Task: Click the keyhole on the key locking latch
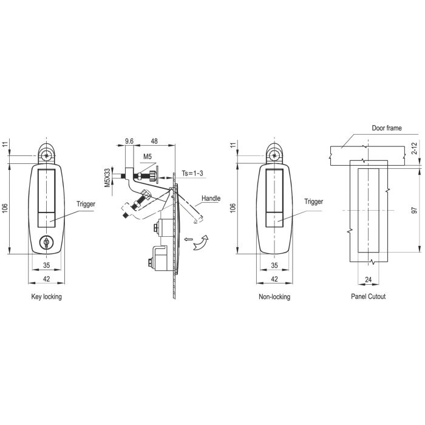coord(46,243)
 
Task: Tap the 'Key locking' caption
coord(46,297)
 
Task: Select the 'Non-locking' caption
coord(274,297)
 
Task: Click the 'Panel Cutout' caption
coord(368,296)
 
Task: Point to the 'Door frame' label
coord(387,128)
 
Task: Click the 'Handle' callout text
coord(211,199)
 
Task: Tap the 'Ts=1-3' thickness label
coord(192,174)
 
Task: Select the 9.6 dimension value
coord(129,141)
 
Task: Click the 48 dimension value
coord(154,141)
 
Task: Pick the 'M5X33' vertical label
coord(107,178)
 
